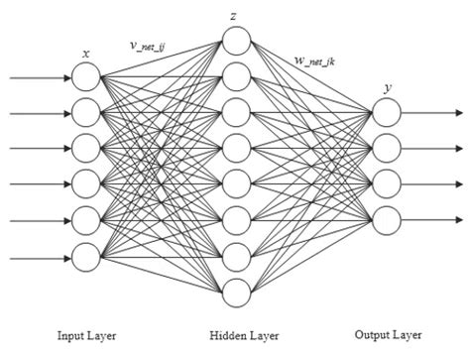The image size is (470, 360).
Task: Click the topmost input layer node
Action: point(87,76)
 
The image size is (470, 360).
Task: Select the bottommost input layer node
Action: point(87,260)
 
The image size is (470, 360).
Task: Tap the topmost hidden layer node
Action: point(236,40)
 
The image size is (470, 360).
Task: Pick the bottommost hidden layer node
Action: point(236,293)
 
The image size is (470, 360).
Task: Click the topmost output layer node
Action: point(386,113)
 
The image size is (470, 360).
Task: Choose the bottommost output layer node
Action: point(386,219)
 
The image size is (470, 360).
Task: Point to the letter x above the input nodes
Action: point(86,52)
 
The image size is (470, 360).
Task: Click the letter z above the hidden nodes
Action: point(232,15)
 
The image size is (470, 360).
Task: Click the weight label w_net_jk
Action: point(315,62)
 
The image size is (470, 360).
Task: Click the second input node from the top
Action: point(87,113)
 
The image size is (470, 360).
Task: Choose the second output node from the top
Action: point(386,149)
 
